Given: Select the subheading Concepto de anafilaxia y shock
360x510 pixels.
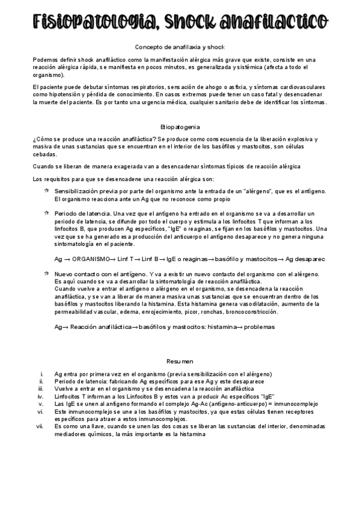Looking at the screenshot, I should point(180,47).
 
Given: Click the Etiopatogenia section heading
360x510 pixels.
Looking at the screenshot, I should point(180,127).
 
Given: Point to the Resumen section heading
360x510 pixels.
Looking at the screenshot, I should point(180,361).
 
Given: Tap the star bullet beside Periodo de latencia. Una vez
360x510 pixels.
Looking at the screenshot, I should point(46,214).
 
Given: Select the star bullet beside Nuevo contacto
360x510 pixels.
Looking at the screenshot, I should point(46,273).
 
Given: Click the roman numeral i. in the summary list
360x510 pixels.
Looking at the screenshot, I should point(40,374).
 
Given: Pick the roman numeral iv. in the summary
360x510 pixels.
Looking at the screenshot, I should point(40,397).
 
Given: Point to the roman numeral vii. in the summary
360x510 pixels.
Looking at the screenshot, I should point(40,426).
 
